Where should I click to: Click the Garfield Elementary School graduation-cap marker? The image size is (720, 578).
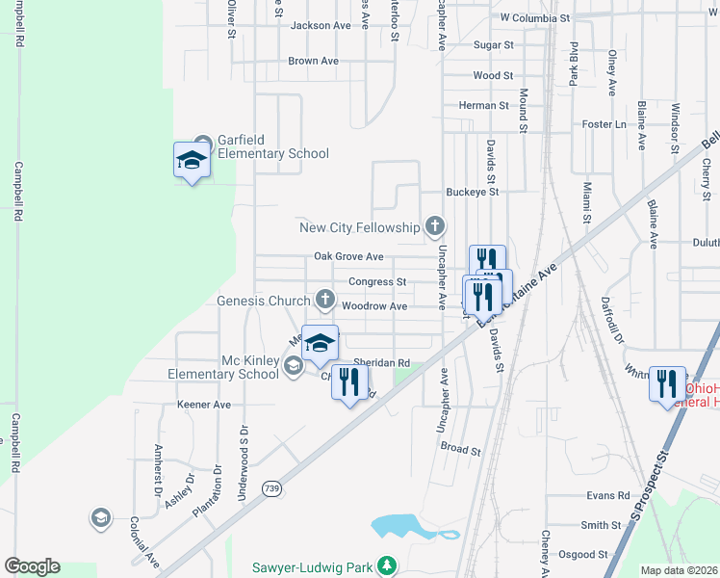[x=192, y=160]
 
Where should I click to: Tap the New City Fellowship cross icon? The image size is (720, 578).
[x=435, y=227]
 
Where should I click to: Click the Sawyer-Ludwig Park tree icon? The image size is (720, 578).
[x=386, y=564]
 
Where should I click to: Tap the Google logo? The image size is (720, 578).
[x=32, y=566]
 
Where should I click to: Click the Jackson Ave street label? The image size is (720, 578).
[x=321, y=26]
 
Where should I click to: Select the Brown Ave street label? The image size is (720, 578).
[x=314, y=61]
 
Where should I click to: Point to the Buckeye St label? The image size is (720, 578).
[x=472, y=192]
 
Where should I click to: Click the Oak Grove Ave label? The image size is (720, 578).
[x=348, y=257]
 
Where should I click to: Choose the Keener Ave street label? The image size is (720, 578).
[x=204, y=406]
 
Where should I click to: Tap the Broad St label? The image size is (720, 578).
[x=459, y=448]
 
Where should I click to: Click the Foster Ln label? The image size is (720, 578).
[x=604, y=124]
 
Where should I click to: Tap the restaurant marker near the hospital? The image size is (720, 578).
[x=666, y=385]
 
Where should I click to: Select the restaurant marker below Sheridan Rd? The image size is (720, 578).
[x=349, y=381]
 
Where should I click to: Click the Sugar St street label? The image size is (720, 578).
[x=496, y=45]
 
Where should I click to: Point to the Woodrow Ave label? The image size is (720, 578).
[x=375, y=306]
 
